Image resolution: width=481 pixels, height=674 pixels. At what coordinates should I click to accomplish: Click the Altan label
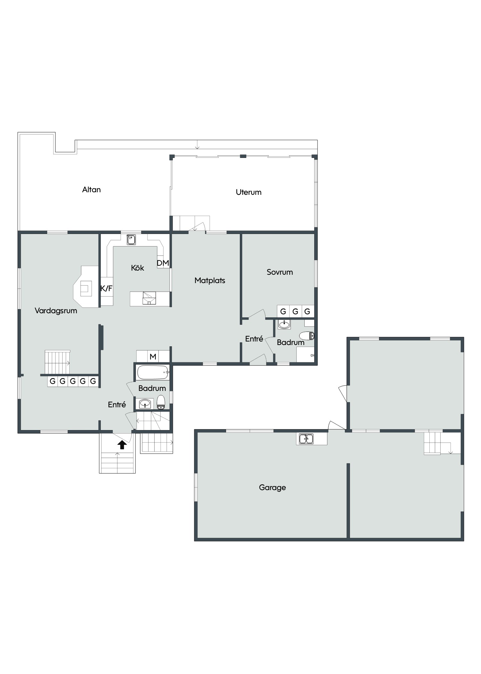[x=91, y=190]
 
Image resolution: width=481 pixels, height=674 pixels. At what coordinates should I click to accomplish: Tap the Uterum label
[x=249, y=192]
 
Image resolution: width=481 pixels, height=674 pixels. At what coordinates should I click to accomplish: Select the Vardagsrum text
[x=56, y=311]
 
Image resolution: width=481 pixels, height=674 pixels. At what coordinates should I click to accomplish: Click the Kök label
[x=137, y=268]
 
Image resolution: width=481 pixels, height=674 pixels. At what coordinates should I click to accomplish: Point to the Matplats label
[x=210, y=281]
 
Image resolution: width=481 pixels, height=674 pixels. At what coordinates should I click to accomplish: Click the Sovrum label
[x=280, y=272]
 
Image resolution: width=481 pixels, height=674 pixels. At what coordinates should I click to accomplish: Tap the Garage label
[x=272, y=488]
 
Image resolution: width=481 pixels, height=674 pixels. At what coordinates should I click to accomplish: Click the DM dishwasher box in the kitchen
[x=163, y=263]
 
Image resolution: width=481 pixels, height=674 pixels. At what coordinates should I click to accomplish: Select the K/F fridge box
[x=106, y=288]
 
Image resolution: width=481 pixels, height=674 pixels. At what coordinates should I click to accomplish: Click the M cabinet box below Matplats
[x=153, y=357]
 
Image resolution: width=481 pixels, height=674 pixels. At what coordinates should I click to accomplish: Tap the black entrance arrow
[x=122, y=445]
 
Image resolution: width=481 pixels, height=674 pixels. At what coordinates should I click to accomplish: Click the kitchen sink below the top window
[x=131, y=239]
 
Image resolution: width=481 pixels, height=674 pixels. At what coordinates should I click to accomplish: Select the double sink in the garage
[x=306, y=439]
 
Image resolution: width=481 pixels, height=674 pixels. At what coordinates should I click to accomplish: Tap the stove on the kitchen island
[x=149, y=298]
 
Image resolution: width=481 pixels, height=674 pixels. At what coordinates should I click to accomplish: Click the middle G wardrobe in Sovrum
[x=295, y=311]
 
